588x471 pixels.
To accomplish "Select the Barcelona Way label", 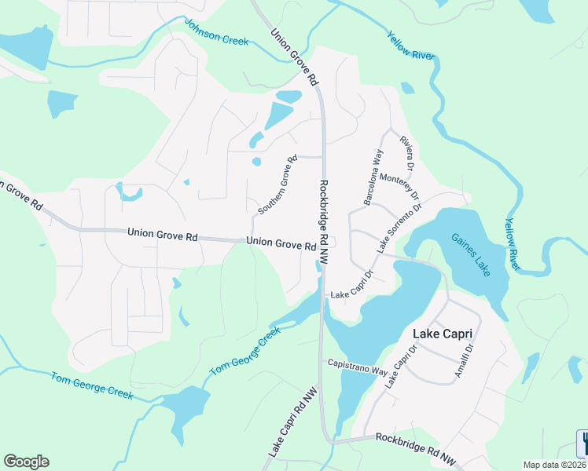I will [373, 177].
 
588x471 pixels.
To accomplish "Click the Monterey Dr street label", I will [400, 186].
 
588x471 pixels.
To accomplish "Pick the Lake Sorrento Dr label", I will [399, 228].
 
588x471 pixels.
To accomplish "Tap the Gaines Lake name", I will [470, 255].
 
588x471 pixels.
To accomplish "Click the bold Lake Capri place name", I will [444, 334].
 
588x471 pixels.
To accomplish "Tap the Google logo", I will [26, 462].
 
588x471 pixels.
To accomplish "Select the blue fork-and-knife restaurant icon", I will [583, 444].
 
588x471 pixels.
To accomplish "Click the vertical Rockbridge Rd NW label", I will [325, 221].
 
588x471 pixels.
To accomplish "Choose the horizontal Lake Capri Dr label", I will [350, 295].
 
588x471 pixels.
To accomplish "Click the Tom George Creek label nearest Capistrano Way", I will [244, 351].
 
